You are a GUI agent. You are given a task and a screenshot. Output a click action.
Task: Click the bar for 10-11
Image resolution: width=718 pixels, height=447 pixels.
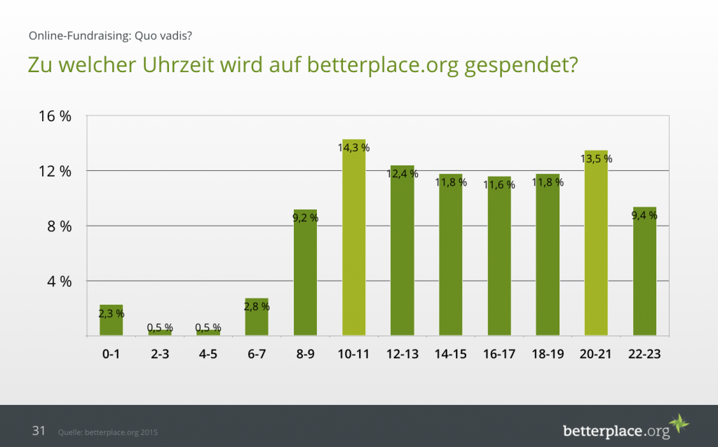(354, 238)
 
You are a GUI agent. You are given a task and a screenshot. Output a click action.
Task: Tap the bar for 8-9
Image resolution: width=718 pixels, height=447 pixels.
(305, 273)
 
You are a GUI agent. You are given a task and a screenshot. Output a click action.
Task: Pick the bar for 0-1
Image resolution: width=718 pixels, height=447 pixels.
(111, 321)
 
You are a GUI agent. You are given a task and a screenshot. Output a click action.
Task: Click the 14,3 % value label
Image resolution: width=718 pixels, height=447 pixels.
(354, 148)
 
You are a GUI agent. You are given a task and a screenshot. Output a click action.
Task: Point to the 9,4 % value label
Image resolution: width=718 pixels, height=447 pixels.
(644, 216)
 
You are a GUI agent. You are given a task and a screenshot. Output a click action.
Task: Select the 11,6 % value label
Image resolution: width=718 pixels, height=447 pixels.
(499, 185)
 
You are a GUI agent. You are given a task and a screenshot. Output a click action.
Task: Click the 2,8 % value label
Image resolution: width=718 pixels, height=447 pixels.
(257, 306)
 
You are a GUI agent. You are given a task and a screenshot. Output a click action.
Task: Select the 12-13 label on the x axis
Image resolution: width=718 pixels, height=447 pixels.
(402, 355)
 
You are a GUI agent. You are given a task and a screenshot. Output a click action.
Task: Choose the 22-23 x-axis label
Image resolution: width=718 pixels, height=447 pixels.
(644, 355)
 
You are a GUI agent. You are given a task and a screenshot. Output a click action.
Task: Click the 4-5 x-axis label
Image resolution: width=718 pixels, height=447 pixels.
(208, 355)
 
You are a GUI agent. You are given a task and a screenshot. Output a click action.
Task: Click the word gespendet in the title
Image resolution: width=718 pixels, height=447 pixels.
(519, 66)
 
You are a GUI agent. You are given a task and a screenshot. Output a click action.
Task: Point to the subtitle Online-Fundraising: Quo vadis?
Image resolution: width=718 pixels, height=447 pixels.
(111, 35)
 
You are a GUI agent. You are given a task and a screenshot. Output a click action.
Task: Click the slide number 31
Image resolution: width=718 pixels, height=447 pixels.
(39, 431)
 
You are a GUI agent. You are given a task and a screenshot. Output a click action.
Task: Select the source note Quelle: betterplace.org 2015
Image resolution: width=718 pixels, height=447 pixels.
(108, 432)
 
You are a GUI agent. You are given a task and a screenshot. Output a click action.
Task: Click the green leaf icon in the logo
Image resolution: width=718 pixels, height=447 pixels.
(679, 424)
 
